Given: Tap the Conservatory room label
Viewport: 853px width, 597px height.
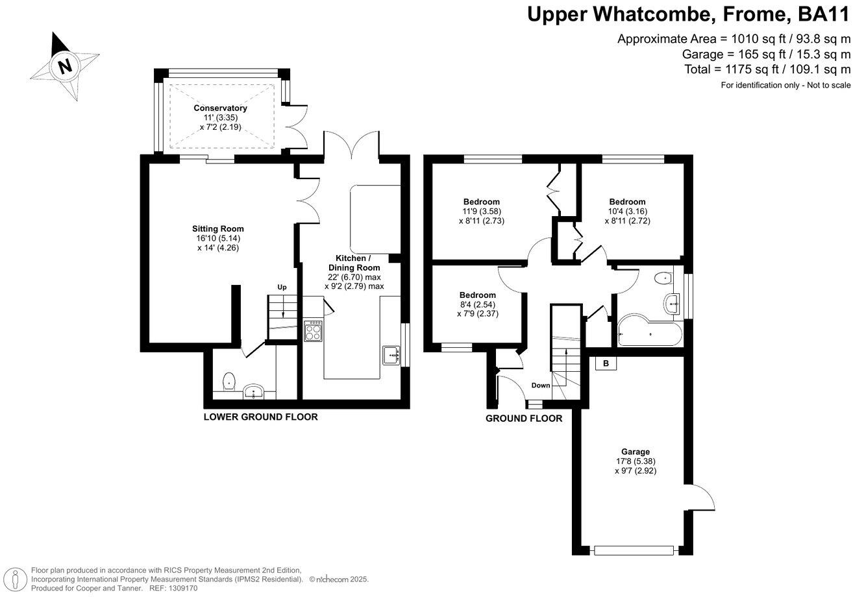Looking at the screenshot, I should click(220, 108).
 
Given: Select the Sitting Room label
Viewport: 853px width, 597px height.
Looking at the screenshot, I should click(217, 228).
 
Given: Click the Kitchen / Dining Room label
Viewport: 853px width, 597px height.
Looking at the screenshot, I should click(354, 263).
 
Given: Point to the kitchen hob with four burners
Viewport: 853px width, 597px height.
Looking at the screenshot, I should click(314, 332).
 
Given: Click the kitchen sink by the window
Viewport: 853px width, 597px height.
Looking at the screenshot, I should click(391, 355).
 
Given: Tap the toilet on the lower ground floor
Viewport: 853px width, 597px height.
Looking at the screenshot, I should click(228, 382).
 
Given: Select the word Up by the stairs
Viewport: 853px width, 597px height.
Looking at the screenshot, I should click(282, 287).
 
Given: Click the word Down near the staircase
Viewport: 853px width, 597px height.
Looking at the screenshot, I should click(541, 385).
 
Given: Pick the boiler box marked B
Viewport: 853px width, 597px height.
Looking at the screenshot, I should click(606, 363).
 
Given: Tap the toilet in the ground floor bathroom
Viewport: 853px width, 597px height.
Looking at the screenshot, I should click(664, 278).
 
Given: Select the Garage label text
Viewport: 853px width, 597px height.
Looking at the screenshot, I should click(635, 452).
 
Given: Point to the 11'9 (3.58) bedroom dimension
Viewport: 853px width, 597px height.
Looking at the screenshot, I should click(481, 211).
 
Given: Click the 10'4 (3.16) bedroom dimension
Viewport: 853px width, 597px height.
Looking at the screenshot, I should click(627, 211).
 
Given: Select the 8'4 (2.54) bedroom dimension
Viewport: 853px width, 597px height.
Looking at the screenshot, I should click(477, 305).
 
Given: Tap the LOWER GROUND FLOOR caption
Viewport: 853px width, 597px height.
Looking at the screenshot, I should click(260, 417).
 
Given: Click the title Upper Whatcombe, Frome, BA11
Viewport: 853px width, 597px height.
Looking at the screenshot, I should click(688, 14).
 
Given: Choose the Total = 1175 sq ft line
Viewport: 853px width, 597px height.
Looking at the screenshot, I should click(767, 69).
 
